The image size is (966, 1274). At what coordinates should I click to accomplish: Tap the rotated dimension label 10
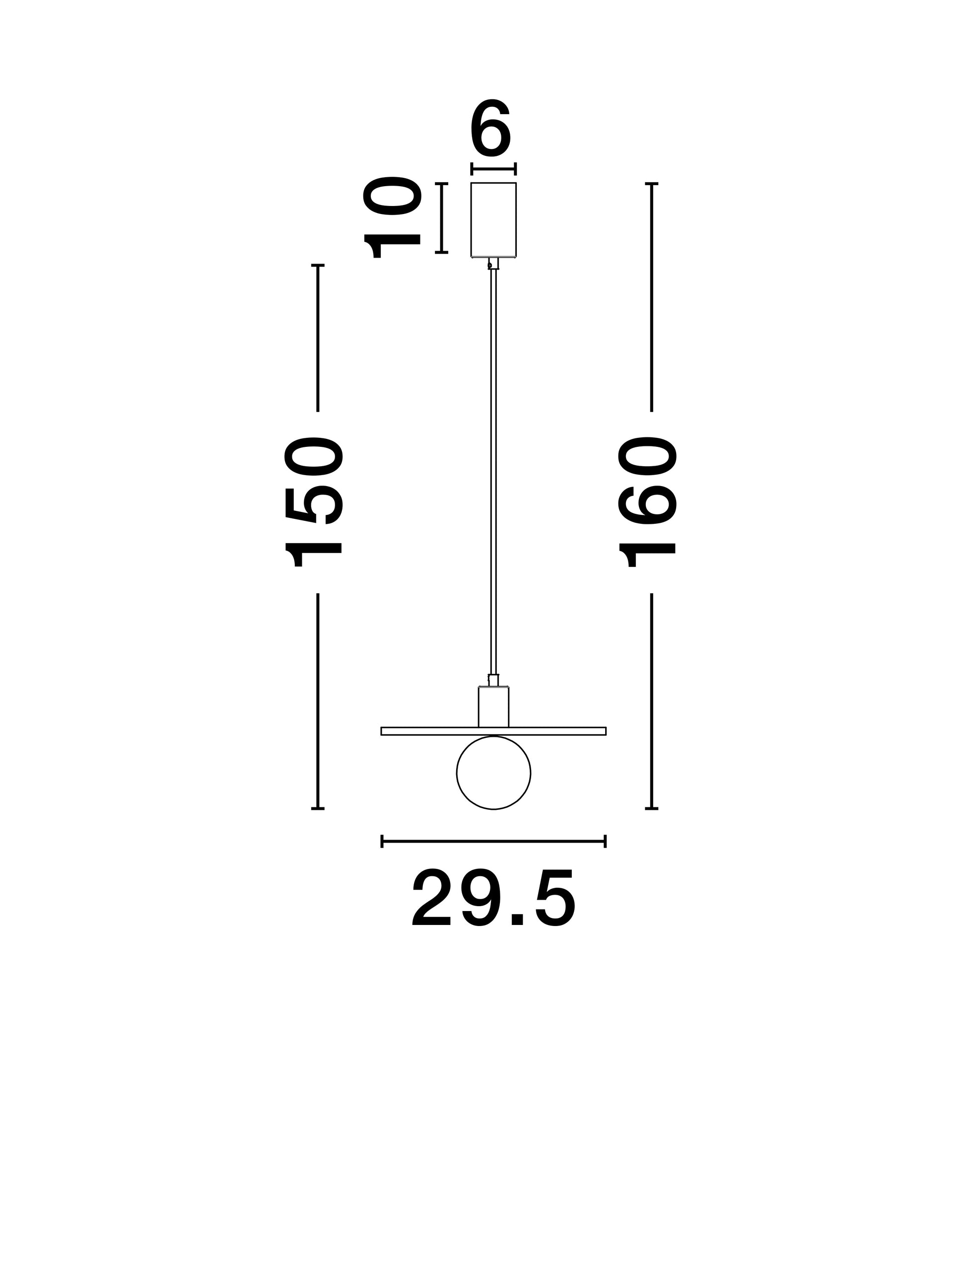pyautogui.click(x=392, y=217)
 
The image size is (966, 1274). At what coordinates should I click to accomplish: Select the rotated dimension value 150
pyautogui.click(x=314, y=503)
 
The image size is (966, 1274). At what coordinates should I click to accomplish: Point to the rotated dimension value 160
pyautogui.click(x=647, y=502)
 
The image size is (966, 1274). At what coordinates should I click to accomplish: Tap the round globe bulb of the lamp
pyautogui.click(x=493, y=773)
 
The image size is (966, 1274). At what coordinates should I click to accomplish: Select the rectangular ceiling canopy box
pyautogui.click(x=493, y=219)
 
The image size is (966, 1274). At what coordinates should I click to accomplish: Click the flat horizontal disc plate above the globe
pyautogui.click(x=493, y=731)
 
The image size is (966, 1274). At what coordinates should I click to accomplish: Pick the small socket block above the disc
pyautogui.click(x=493, y=707)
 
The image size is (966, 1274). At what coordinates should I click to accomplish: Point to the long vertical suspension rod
pyautogui.click(x=493, y=471)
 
